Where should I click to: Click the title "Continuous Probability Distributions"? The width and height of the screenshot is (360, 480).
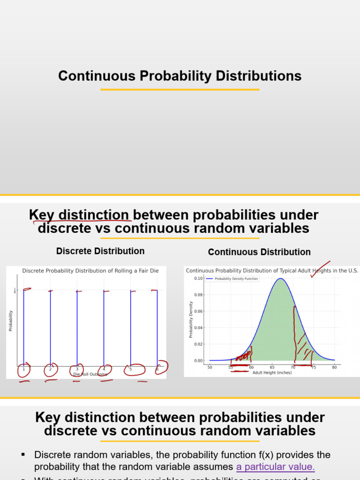click(x=180, y=76)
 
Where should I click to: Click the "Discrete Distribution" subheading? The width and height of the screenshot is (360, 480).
click(x=100, y=251)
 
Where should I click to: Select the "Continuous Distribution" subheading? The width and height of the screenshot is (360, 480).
click(x=259, y=252)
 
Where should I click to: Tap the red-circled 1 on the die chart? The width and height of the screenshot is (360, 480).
click(x=23, y=369)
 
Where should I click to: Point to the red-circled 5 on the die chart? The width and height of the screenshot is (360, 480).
click(x=131, y=369)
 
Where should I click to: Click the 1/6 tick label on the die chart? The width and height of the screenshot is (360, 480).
click(x=15, y=291)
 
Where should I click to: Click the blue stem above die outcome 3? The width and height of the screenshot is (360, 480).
click(x=77, y=328)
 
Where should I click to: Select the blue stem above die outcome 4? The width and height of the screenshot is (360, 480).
click(x=104, y=328)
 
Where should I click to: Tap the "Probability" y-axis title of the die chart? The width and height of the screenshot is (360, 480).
click(x=11, y=321)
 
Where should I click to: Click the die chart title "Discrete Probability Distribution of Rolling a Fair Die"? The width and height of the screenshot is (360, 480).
click(x=90, y=270)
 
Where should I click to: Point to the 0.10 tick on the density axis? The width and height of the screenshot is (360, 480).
click(x=198, y=278)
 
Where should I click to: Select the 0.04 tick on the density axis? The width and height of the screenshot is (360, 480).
click(x=198, y=328)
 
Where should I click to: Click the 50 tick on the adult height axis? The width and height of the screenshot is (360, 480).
click(x=210, y=367)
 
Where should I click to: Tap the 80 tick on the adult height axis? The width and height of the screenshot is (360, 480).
click(x=334, y=367)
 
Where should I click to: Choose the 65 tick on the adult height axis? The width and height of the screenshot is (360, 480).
click(x=272, y=367)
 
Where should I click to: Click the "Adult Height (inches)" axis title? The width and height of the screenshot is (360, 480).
click(x=272, y=373)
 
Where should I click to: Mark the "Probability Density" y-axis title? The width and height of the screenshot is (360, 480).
click(x=191, y=320)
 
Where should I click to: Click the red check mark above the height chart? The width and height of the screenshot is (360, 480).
click(x=320, y=269)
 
